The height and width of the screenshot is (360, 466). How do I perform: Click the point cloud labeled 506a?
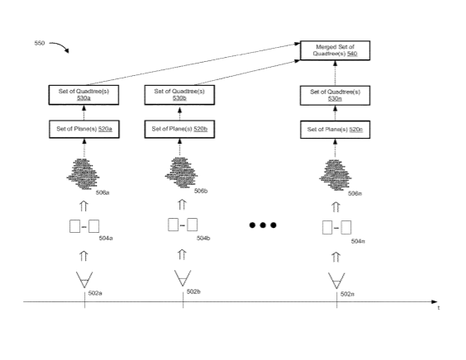point(83,174)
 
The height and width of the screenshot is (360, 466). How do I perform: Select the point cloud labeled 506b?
point(181,173)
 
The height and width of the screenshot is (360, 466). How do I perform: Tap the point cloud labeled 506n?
point(335,175)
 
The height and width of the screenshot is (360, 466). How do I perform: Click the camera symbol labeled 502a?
point(84,280)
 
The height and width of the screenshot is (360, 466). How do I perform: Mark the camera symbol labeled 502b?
point(183,278)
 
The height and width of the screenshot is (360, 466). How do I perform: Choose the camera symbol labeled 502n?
point(336,281)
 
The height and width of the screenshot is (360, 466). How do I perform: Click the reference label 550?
point(39,43)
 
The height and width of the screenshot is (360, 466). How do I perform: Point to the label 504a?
point(106,239)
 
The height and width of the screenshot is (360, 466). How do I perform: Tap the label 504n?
point(358,241)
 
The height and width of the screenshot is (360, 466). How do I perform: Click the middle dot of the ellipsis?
point(263,225)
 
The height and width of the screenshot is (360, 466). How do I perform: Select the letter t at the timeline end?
point(439,308)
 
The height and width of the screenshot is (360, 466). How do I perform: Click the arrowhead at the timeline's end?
point(435,301)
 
